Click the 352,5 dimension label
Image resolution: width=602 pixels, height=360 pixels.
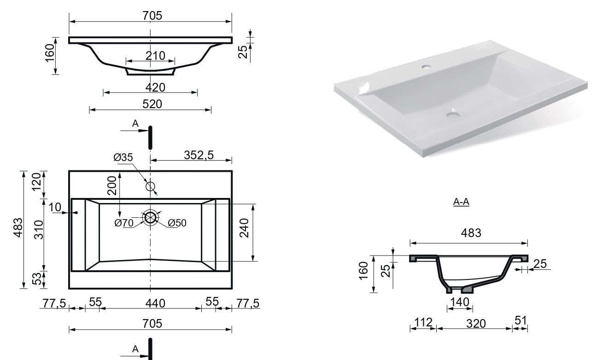click(199, 155)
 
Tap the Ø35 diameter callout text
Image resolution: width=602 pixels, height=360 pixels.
click(123, 157)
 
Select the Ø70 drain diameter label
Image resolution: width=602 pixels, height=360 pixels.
click(124, 223)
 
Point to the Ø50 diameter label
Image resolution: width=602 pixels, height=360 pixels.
click(177, 223)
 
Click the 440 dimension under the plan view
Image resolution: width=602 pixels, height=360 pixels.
click(155, 303)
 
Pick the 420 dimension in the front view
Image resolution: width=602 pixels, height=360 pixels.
click(155, 87)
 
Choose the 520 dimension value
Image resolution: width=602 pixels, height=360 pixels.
click(152, 104)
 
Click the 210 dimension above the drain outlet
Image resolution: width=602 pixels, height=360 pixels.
click(155, 56)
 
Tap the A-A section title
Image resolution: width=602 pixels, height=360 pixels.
click(461, 202)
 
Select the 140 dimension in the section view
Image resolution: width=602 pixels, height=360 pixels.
click(460, 302)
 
